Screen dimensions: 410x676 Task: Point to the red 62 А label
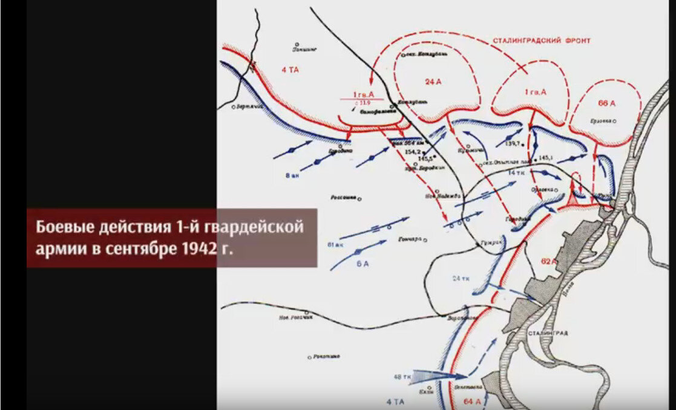(548, 261)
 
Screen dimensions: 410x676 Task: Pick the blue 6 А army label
(361, 263)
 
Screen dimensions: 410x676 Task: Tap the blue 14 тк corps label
(516, 173)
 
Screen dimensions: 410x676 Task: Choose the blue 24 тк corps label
(461, 278)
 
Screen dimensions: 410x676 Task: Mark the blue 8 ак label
(291, 175)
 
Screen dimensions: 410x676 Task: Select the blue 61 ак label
(334, 244)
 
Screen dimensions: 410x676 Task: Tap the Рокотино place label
(327, 357)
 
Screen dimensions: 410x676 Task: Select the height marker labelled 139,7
(504, 143)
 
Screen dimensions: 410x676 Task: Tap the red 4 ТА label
(291, 70)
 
